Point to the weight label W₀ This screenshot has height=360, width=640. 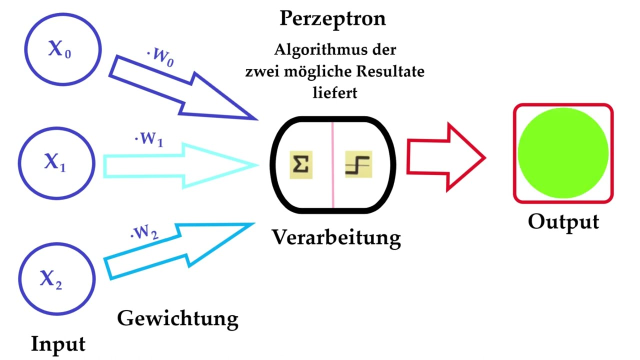click(160, 57)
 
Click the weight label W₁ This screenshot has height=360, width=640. click(149, 139)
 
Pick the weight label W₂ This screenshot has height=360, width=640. click(144, 232)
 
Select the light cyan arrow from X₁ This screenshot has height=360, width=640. click(180, 165)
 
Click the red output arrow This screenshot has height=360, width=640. click(445, 157)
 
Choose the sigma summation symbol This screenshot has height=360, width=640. click(301, 165)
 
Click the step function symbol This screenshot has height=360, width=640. click(358, 164)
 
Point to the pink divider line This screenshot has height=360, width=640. click(333, 165)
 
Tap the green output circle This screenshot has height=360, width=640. click(563, 153)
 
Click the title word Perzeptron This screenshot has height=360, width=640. click(333, 19)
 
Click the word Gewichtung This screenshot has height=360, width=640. click(177, 319)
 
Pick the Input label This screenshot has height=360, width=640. click(58, 344)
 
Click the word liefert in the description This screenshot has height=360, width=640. click(335, 92)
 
